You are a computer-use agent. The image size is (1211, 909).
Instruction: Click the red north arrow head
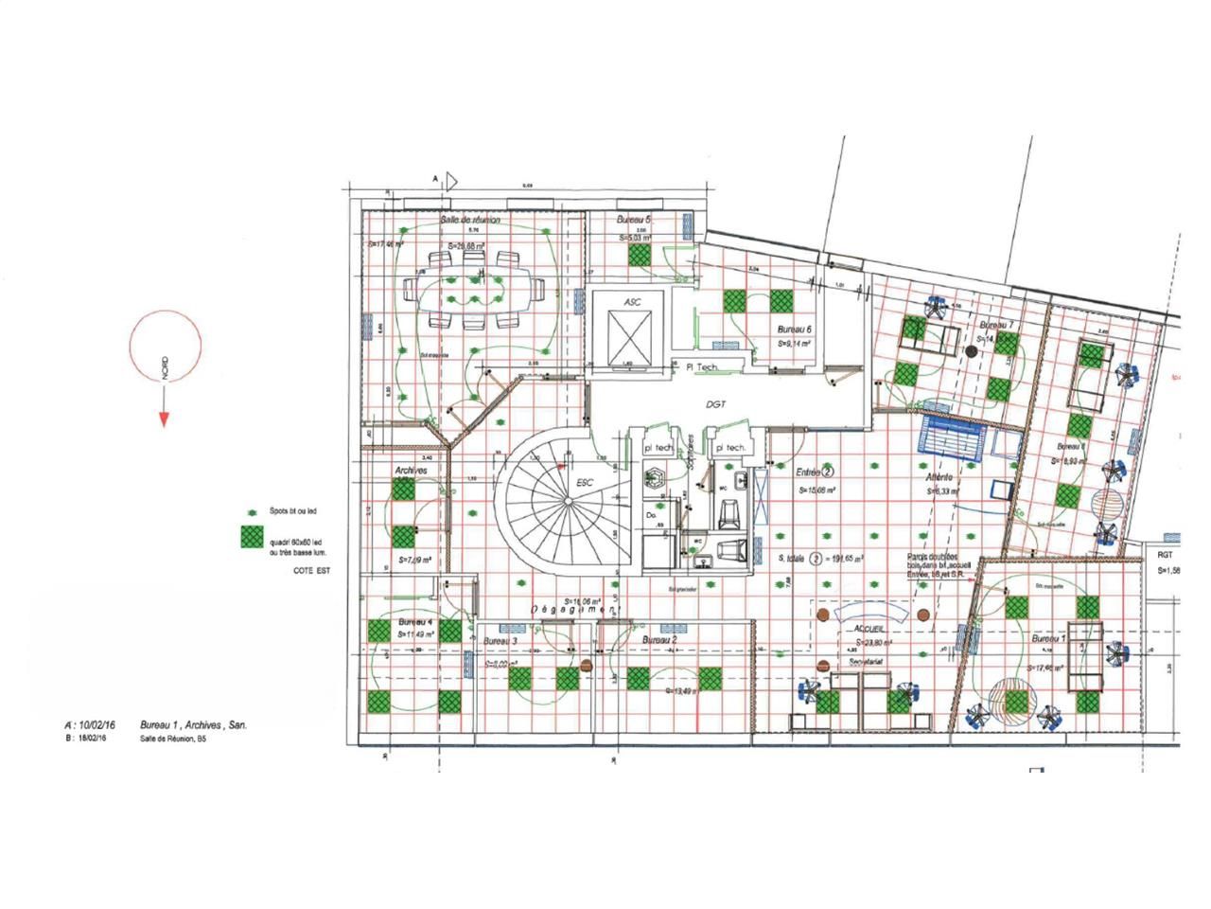[164, 419]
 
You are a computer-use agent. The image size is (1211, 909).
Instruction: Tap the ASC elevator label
[632, 301]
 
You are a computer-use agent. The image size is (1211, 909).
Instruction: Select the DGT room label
[716, 404]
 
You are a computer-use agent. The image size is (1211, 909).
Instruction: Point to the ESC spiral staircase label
[585, 483]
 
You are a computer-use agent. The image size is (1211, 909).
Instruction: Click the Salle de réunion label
[469, 220]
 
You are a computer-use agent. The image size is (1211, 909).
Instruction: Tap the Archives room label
[411, 471]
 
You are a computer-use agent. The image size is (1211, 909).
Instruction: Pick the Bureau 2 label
[659, 641]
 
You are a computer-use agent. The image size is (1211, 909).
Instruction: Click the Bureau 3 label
[500, 641]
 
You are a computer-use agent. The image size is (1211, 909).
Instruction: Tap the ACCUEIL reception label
[869, 629]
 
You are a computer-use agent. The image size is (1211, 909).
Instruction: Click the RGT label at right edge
[1165, 555]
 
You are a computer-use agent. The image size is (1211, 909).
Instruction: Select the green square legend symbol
[251, 536]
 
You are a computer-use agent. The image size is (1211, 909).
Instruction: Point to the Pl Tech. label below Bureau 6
[702, 366]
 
